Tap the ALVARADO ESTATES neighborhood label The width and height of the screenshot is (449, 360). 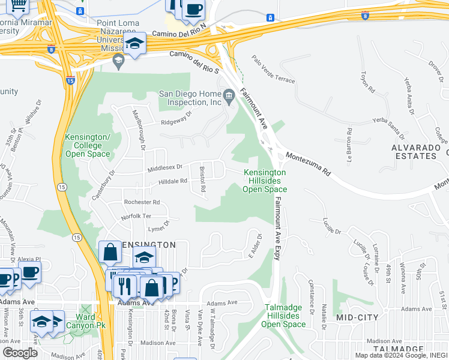pos(414,151)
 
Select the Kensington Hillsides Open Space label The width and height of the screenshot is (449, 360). pos(265,181)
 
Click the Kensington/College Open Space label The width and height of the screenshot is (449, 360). pos(88,146)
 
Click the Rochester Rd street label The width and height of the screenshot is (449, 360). pos(142,202)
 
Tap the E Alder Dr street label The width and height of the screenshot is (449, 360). pos(256,246)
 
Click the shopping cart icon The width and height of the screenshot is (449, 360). pos(18,5)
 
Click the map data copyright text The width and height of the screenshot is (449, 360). pos(401,355)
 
